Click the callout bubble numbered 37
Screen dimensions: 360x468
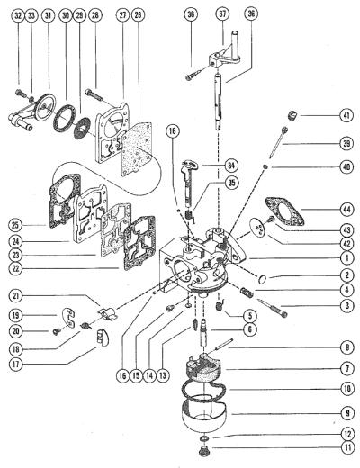point(222,14)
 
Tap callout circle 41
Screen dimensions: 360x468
point(346,115)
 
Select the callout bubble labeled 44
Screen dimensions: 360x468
point(346,210)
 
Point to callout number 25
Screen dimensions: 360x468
point(15,225)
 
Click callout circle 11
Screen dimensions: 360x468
point(347,448)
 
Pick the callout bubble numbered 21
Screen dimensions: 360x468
point(15,296)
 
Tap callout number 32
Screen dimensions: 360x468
point(18,15)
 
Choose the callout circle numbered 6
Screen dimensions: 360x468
point(250,329)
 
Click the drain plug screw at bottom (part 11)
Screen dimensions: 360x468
point(204,451)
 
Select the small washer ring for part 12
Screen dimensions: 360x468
point(204,438)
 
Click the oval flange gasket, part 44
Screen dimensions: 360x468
point(284,211)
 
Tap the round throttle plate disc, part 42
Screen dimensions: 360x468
point(257,228)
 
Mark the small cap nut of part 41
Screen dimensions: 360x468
point(292,115)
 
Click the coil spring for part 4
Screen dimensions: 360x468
point(247,292)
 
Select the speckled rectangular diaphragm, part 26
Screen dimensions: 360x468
point(137,149)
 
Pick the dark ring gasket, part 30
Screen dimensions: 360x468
point(64,118)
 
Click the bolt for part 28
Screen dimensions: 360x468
point(94,94)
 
